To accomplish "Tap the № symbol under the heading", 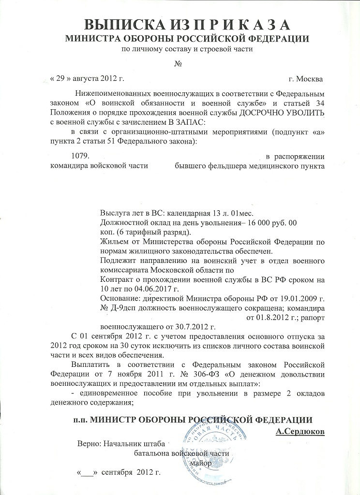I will (180, 64).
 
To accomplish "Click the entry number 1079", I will (81, 157).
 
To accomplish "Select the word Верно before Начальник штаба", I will (90, 443).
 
